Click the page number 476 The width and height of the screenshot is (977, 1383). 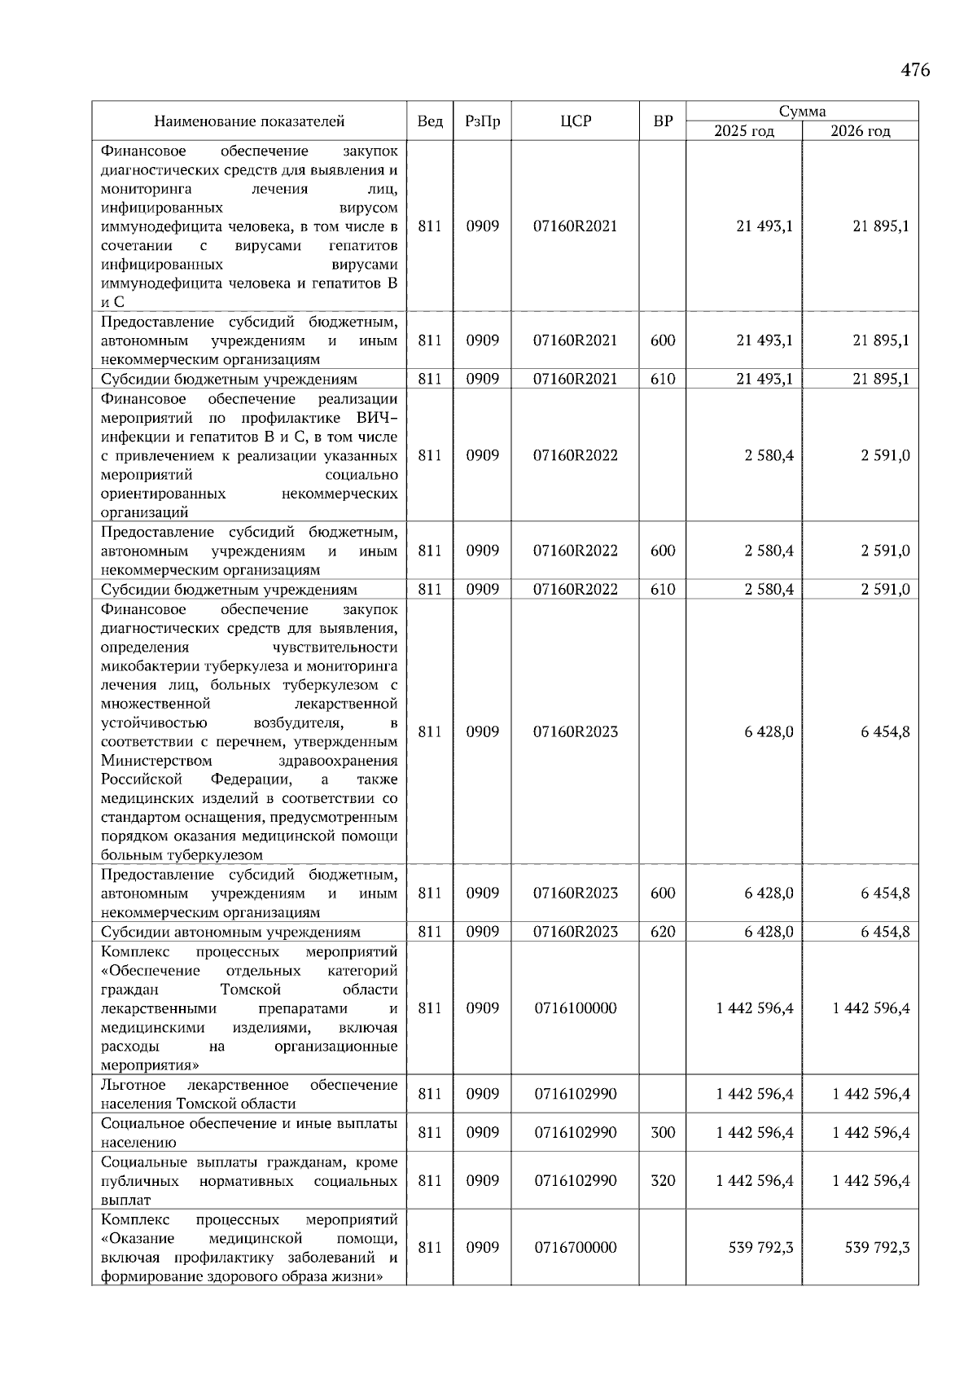coord(914,70)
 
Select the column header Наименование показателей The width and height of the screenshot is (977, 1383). coord(249,121)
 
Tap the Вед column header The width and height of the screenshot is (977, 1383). coord(430,121)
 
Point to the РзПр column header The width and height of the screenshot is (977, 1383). coord(482,121)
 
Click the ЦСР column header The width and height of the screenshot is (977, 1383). coord(575,121)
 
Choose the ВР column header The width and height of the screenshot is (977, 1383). coord(663,121)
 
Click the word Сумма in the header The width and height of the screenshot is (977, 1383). coord(802,112)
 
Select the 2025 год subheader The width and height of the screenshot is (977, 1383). coord(744,131)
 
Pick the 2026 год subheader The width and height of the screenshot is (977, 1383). coord(860,131)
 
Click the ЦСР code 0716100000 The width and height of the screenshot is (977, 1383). coord(575,1008)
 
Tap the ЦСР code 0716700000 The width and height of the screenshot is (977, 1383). coord(575,1248)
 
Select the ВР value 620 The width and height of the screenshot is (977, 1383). coord(663,932)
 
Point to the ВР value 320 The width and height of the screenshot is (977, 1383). coord(663,1181)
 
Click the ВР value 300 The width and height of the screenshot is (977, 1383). coord(663,1133)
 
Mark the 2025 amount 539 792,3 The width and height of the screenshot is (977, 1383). coord(760,1248)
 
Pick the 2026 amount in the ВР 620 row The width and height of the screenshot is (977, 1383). coord(885,932)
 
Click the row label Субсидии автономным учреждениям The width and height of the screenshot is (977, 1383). coord(230,932)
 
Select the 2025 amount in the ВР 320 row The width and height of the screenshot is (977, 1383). coord(755,1181)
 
